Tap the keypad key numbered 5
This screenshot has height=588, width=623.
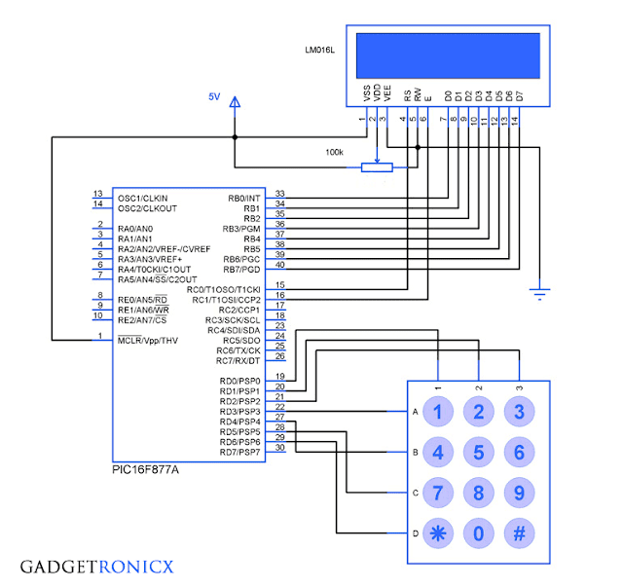[478, 452]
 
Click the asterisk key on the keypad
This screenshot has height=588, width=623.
[437, 533]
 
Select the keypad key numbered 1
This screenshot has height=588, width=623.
[437, 411]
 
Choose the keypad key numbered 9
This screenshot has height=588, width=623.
[519, 493]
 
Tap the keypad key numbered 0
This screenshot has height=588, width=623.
[478, 533]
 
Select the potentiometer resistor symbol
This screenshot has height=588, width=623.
[377, 167]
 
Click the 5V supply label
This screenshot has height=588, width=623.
[215, 97]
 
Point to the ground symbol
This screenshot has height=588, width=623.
[536, 289]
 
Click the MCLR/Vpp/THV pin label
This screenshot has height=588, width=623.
[148, 340]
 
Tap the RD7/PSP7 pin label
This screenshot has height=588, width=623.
[241, 452]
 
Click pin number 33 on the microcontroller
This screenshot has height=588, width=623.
[279, 194]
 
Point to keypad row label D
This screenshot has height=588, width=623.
[415, 533]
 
